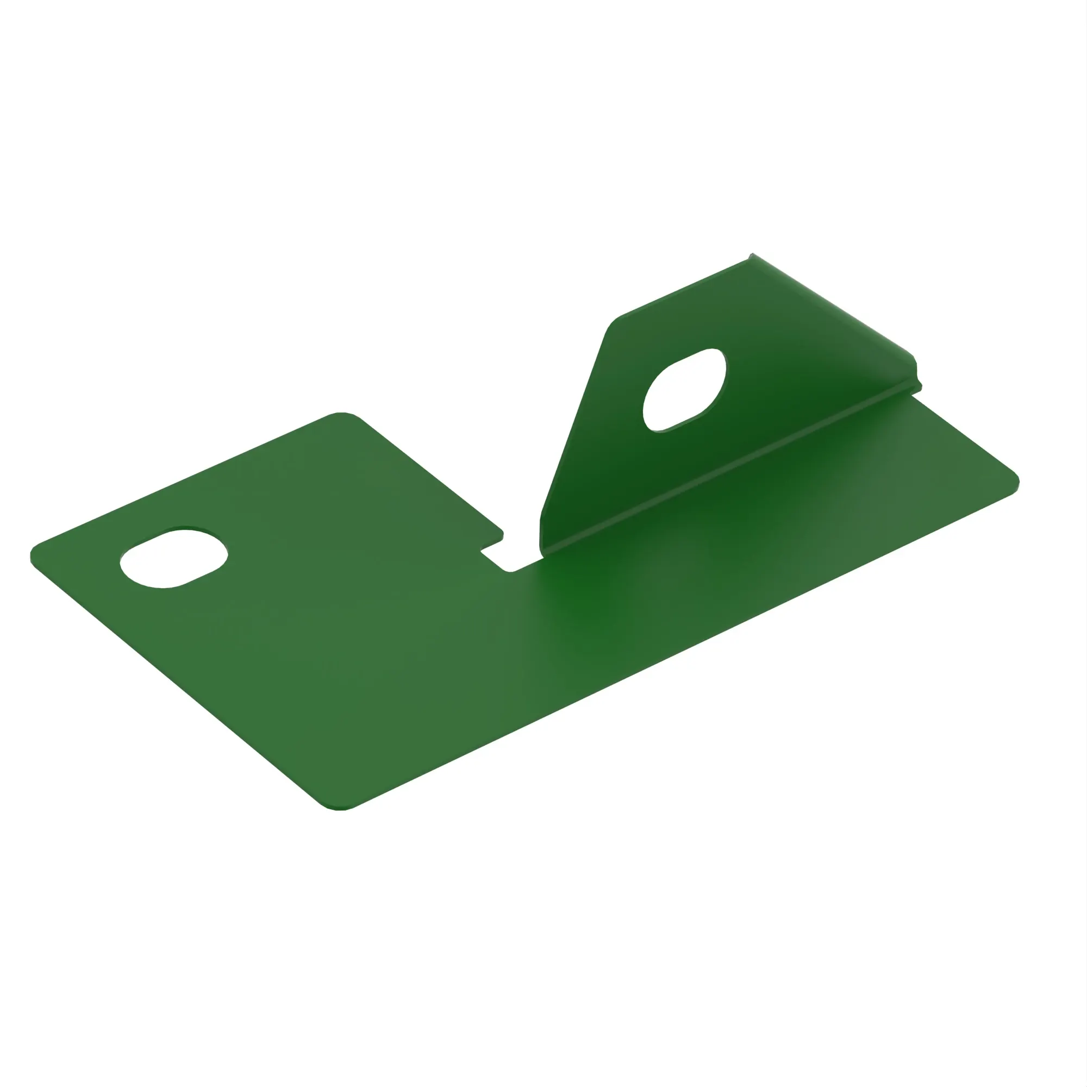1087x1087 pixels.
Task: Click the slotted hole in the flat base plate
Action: coord(174,558)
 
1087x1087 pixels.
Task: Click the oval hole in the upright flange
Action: coord(684,390)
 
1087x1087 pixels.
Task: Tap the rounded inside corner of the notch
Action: coord(509,571)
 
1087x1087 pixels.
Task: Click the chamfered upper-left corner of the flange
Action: coord(613,324)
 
